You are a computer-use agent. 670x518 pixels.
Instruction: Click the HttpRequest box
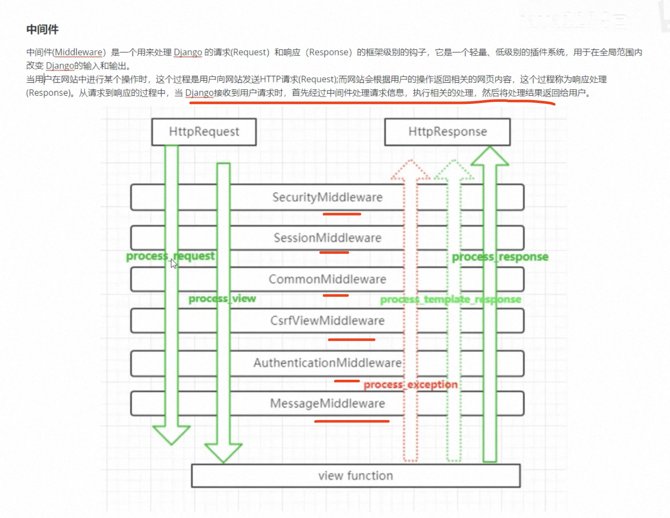(x=204, y=132)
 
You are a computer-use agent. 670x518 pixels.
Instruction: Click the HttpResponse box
(x=447, y=132)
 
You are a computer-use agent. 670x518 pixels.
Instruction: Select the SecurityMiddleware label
(x=327, y=197)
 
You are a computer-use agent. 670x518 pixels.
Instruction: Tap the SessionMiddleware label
(x=327, y=238)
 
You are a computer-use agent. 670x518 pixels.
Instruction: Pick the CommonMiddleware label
(x=327, y=279)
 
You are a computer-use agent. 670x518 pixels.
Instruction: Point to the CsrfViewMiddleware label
(x=327, y=321)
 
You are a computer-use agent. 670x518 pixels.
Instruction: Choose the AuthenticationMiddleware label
(x=327, y=363)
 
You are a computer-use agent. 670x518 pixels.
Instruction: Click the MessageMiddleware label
(x=327, y=404)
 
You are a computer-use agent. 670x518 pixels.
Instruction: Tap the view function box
(x=355, y=476)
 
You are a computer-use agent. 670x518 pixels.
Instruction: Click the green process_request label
(x=170, y=256)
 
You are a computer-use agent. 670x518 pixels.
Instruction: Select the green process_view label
(x=222, y=298)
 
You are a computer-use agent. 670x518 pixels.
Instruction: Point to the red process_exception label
(x=410, y=385)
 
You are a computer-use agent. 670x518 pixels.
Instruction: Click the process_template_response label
(x=450, y=299)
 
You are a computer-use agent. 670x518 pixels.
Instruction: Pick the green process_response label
(x=500, y=257)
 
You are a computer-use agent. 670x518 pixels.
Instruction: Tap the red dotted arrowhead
(x=410, y=170)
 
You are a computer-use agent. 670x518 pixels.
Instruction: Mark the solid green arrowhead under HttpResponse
(x=490, y=156)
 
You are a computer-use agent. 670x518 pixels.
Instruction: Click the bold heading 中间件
(x=42, y=29)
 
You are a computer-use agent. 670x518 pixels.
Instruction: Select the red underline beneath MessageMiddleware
(x=351, y=421)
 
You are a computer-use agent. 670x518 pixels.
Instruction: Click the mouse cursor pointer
(x=173, y=263)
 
